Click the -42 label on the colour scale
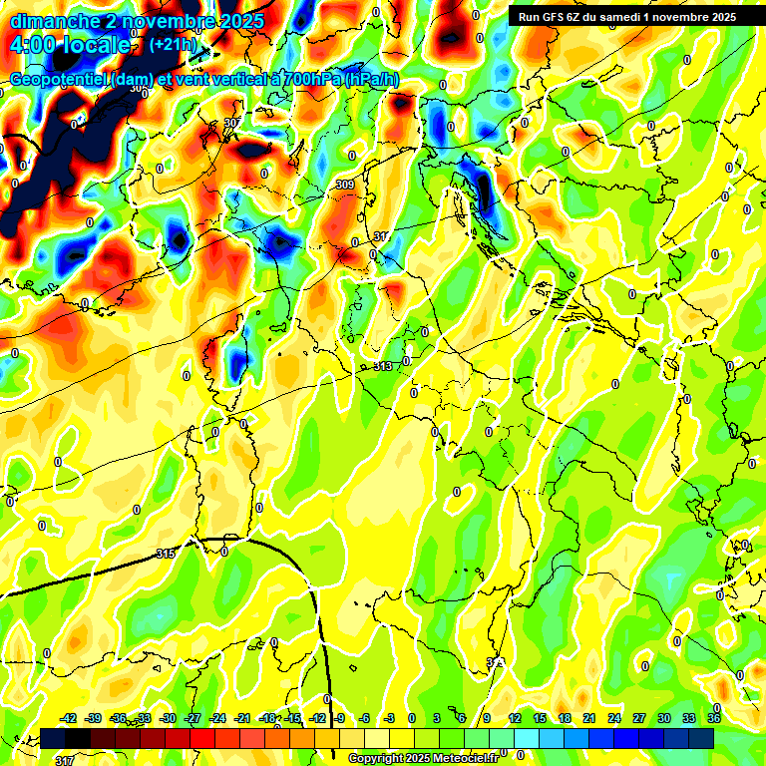69,718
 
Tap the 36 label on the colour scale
714,718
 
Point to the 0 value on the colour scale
411,718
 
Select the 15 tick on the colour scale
540,718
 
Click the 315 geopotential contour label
167,554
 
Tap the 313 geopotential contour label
382,367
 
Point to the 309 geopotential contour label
344,185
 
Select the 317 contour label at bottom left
64,761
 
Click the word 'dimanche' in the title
55,20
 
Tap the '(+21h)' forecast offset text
173,45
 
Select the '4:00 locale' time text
70,45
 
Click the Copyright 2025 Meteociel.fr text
423,759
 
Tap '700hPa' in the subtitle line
307,80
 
